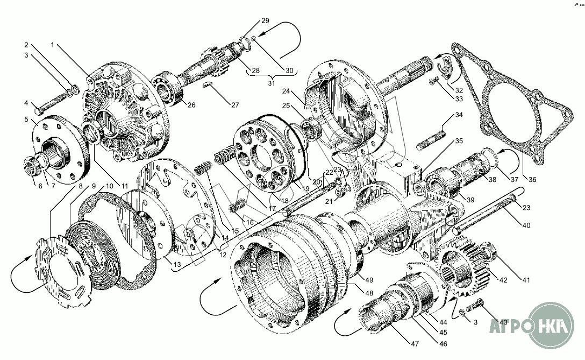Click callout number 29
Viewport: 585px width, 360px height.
tap(265, 21)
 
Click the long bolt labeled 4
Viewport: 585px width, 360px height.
tap(54, 105)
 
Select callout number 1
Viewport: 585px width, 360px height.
tap(52, 45)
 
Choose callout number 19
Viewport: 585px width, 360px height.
tap(305, 189)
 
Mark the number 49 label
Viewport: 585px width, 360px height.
tap(369, 279)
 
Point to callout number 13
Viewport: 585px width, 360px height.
tap(176, 265)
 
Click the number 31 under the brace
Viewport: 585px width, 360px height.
tap(271, 82)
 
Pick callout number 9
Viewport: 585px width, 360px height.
tap(94, 186)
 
